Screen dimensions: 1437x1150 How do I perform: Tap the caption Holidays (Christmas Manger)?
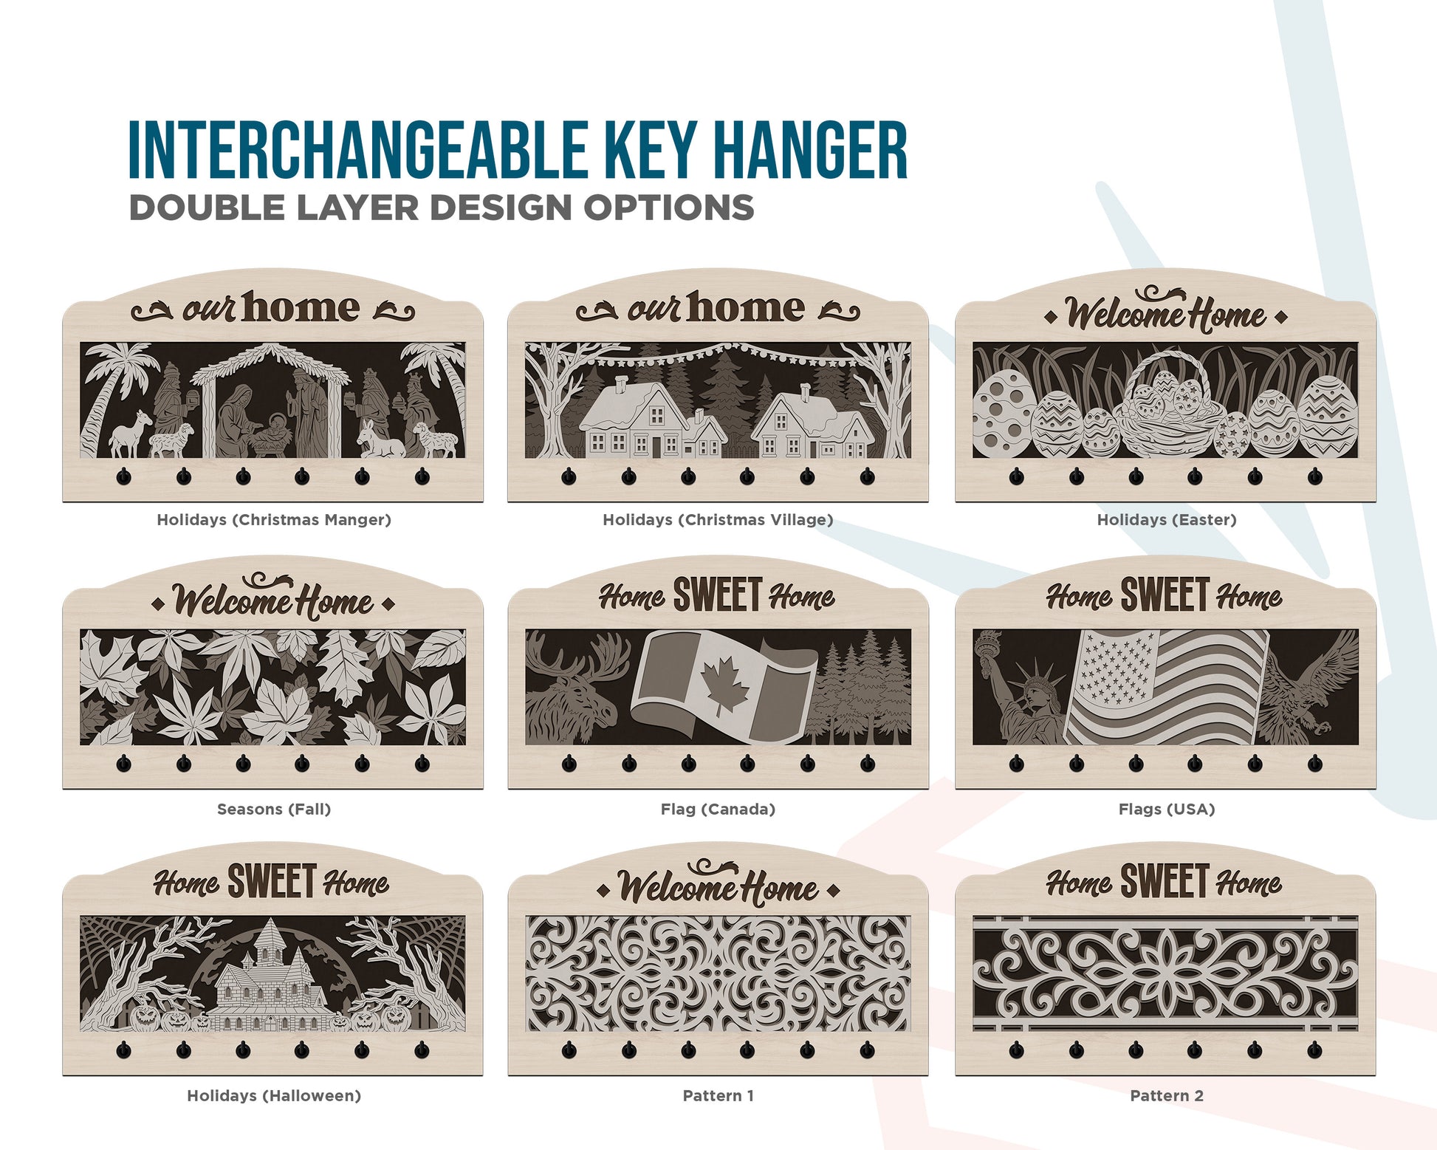pyautogui.click(x=274, y=520)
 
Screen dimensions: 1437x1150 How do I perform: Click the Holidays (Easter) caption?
pyautogui.click(x=1166, y=520)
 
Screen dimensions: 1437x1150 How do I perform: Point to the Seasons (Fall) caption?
pyautogui.click(x=274, y=809)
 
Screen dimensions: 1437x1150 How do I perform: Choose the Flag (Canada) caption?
pyautogui.click(x=718, y=809)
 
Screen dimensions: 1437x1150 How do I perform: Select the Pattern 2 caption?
pyautogui.click(x=1167, y=1095)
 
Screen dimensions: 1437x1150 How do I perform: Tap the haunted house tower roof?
pyautogui.click(x=270, y=935)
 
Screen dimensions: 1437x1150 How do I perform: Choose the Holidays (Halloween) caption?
pyautogui.click(x=274, y=1095)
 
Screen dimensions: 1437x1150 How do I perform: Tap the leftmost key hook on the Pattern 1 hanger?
pyautogui.click(x=569, y=1050)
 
